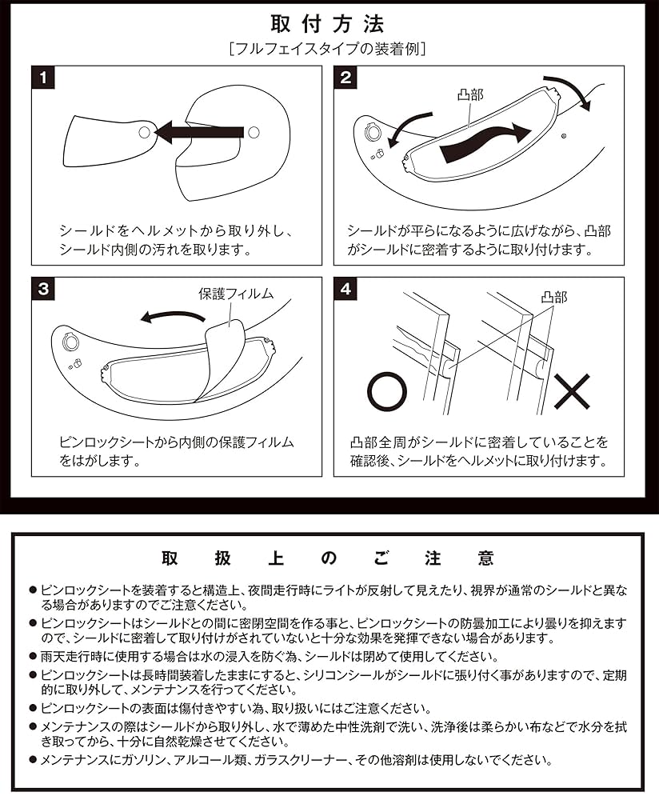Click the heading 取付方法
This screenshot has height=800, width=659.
click(x=328, y=22)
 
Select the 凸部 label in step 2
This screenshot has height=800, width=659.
click(x=472, y=96)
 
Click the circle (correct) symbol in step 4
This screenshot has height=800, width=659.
click(x=387, y=391)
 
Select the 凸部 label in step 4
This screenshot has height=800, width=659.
click(x=553, y=297)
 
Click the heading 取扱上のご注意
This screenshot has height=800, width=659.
click(x=328, y=558)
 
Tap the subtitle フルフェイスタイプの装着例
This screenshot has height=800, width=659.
click(x=328, y=48)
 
